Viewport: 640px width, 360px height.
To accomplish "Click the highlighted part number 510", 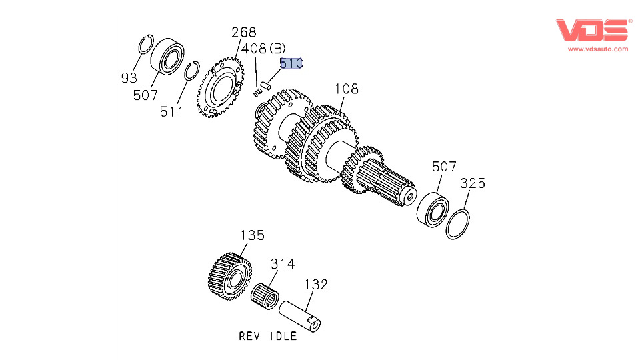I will pyautogui.click(x=291, y=63).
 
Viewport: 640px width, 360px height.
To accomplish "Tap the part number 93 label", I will pyautogui.click(x=129, y=78).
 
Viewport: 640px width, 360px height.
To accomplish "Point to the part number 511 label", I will pyautogui.click(x=171, y=112).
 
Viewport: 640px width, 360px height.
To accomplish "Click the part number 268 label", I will pyautogui.click(x=243, y=33).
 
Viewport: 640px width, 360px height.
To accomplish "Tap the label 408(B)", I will pyautogui.click(x=263, y=48).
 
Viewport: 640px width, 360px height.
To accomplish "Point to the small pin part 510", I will pyautogui.click(x=265, y=85).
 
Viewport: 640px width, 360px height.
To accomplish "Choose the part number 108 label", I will pyautogui.click(x=347, y=88).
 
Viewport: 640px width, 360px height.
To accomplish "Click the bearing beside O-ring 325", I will pyautogui.click(x=433, y=208).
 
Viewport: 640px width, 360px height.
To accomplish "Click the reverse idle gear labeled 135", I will pyautogui.click(x=227, y=277).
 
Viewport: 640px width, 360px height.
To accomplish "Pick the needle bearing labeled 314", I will pyautogui.click(x=267, y=295).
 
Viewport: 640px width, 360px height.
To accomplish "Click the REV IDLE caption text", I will pyautogui.click(x=268, y=336).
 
